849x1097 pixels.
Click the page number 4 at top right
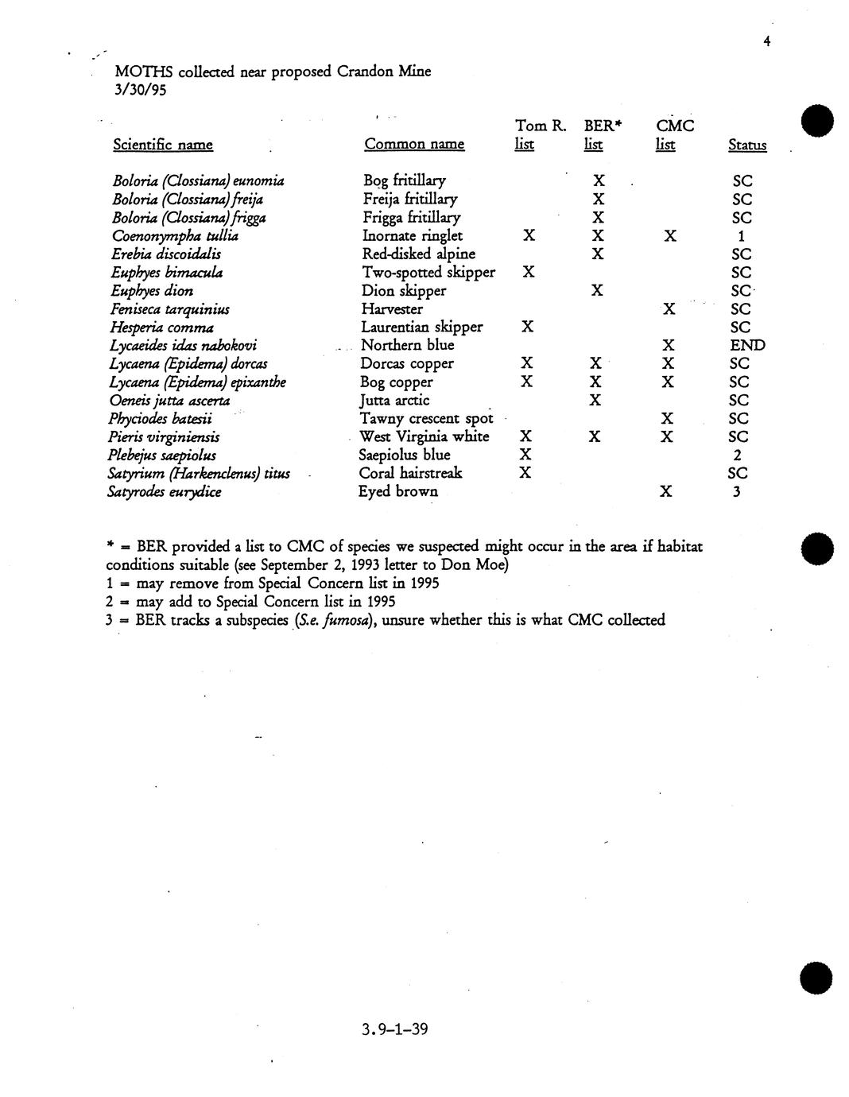(x=766, y=42)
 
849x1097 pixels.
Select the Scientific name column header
(x=163, y=145)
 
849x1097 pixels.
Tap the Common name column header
(x=413, y=145)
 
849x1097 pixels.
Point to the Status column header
(x=747, y=145)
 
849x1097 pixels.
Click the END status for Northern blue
(x=747, y=346)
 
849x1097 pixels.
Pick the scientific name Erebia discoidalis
(x=166, y=254)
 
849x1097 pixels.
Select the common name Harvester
(x=392, y=309)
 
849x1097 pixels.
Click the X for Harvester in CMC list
(x=669, y=309)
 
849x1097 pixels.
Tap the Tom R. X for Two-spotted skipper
(x=529, y=273)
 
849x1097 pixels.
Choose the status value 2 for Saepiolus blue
(x=738, y=455)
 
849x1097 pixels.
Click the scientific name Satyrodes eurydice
(x=165, y=492)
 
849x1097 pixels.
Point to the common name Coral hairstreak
(x=410, y=474)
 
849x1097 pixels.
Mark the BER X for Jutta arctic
(x=595, y=401)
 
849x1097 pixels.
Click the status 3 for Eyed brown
(x=737, y=492)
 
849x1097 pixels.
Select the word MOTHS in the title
(x=144, y=72)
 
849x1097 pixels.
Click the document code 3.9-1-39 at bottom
(x=395, y=1030)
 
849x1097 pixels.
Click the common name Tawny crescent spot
(x=426, y=419)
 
